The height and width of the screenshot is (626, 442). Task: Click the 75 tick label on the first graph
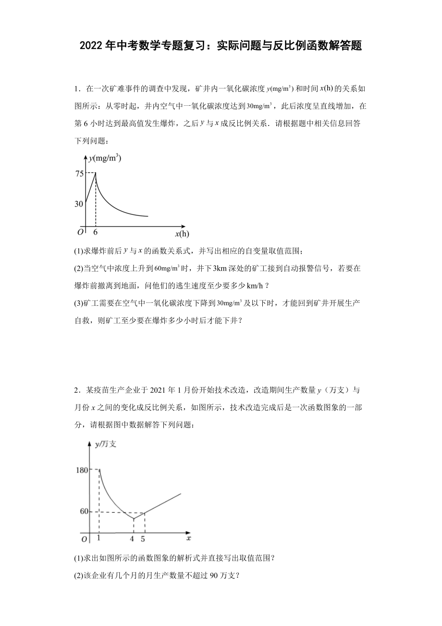78,174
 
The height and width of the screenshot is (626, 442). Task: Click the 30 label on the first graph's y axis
79,204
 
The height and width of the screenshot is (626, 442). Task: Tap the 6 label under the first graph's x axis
96,232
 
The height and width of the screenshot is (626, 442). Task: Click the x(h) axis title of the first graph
182,234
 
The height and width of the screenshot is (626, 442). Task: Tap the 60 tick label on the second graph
84,512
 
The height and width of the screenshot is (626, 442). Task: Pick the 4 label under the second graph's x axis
133,538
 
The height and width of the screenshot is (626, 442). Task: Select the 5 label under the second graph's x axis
144,538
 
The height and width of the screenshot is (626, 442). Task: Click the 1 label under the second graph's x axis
99,538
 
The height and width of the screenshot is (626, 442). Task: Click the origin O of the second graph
84,539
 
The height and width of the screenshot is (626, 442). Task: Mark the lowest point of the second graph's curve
133,519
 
